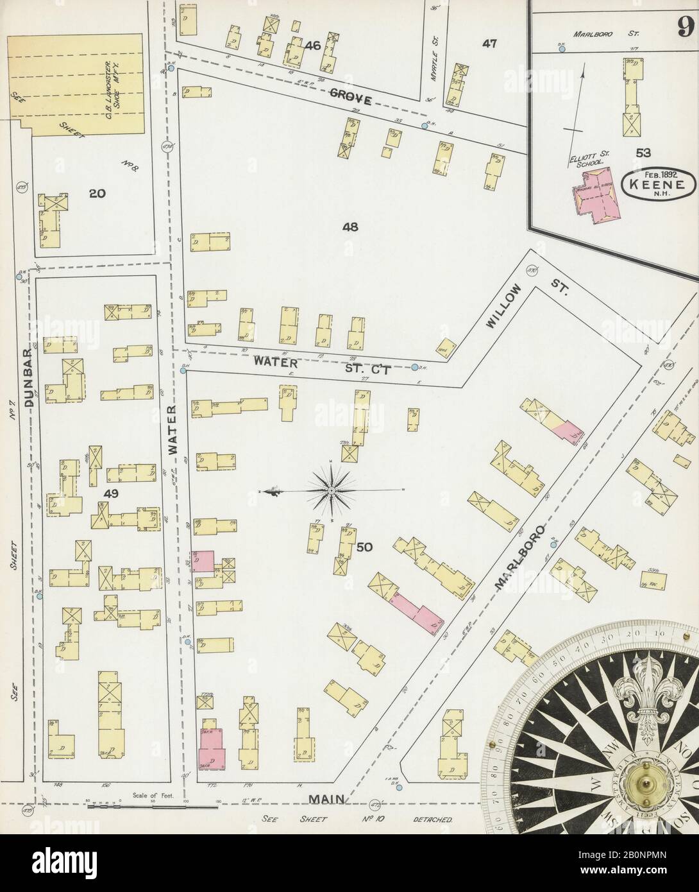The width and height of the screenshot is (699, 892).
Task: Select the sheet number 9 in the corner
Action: (684, 27)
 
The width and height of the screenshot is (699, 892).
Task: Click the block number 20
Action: (97, 193)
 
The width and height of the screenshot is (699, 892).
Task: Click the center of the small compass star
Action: (332, 491)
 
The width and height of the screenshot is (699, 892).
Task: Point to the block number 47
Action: (490, 44)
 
